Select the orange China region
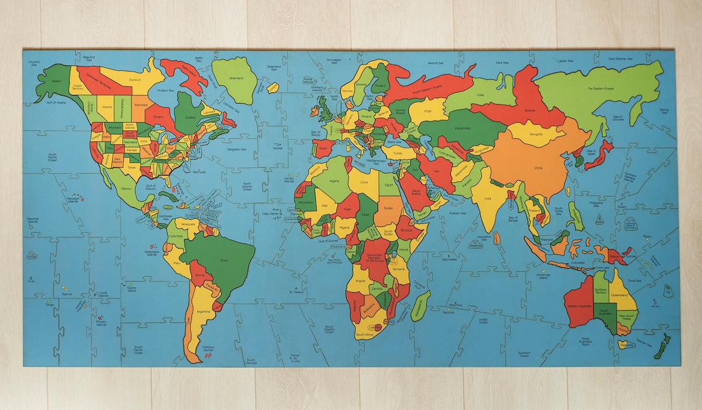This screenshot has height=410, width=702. click(x=538, y=167)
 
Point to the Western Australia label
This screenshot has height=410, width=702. click(x=579, y=306)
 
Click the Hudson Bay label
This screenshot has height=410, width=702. click(x=166, y=91)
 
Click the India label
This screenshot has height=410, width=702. click(x=488, y=199)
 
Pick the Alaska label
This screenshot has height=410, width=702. click(x=56, y=81)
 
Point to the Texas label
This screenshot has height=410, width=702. click(x=130, y=167)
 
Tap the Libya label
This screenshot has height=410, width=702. click(x=365, y=182)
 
